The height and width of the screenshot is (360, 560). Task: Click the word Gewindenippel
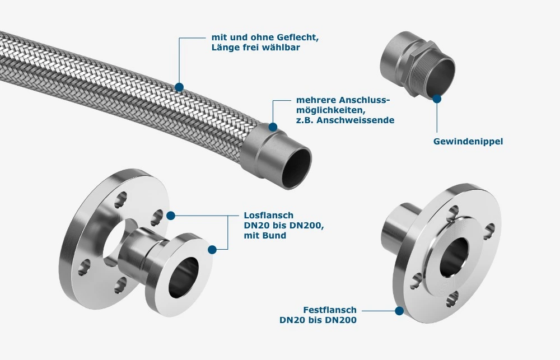tap(468, 142)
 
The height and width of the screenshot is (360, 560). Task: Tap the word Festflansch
tap(330, 310)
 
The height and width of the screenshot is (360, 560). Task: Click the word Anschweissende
tap(356, 120)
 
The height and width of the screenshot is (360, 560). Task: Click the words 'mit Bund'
tap(265, 235)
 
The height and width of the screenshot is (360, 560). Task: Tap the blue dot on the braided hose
tap(179, 87)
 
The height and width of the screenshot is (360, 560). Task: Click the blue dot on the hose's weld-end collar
tap(273, 127)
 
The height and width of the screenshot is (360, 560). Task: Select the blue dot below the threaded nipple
tap(437, 99)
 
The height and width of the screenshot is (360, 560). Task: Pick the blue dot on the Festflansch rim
tap(399, 311)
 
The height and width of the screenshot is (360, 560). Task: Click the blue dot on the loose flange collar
tap(212, 250)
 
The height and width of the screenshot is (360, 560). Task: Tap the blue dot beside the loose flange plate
tap(171, 216)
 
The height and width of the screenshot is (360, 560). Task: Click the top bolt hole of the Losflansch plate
tap(120, 199)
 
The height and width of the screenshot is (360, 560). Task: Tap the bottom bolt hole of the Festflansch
tap(452, 300)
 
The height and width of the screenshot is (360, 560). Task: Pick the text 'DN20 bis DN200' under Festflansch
tap(318, 320)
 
